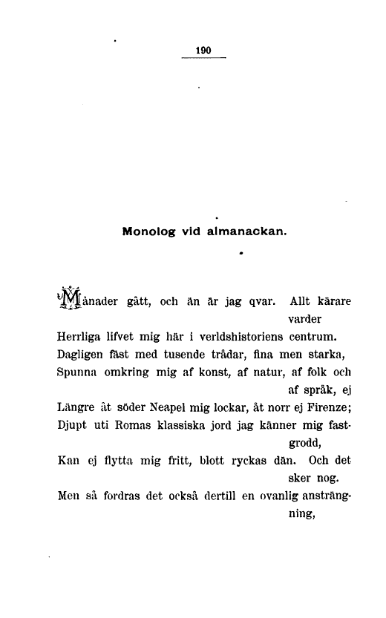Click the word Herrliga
[x=80, y=346]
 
